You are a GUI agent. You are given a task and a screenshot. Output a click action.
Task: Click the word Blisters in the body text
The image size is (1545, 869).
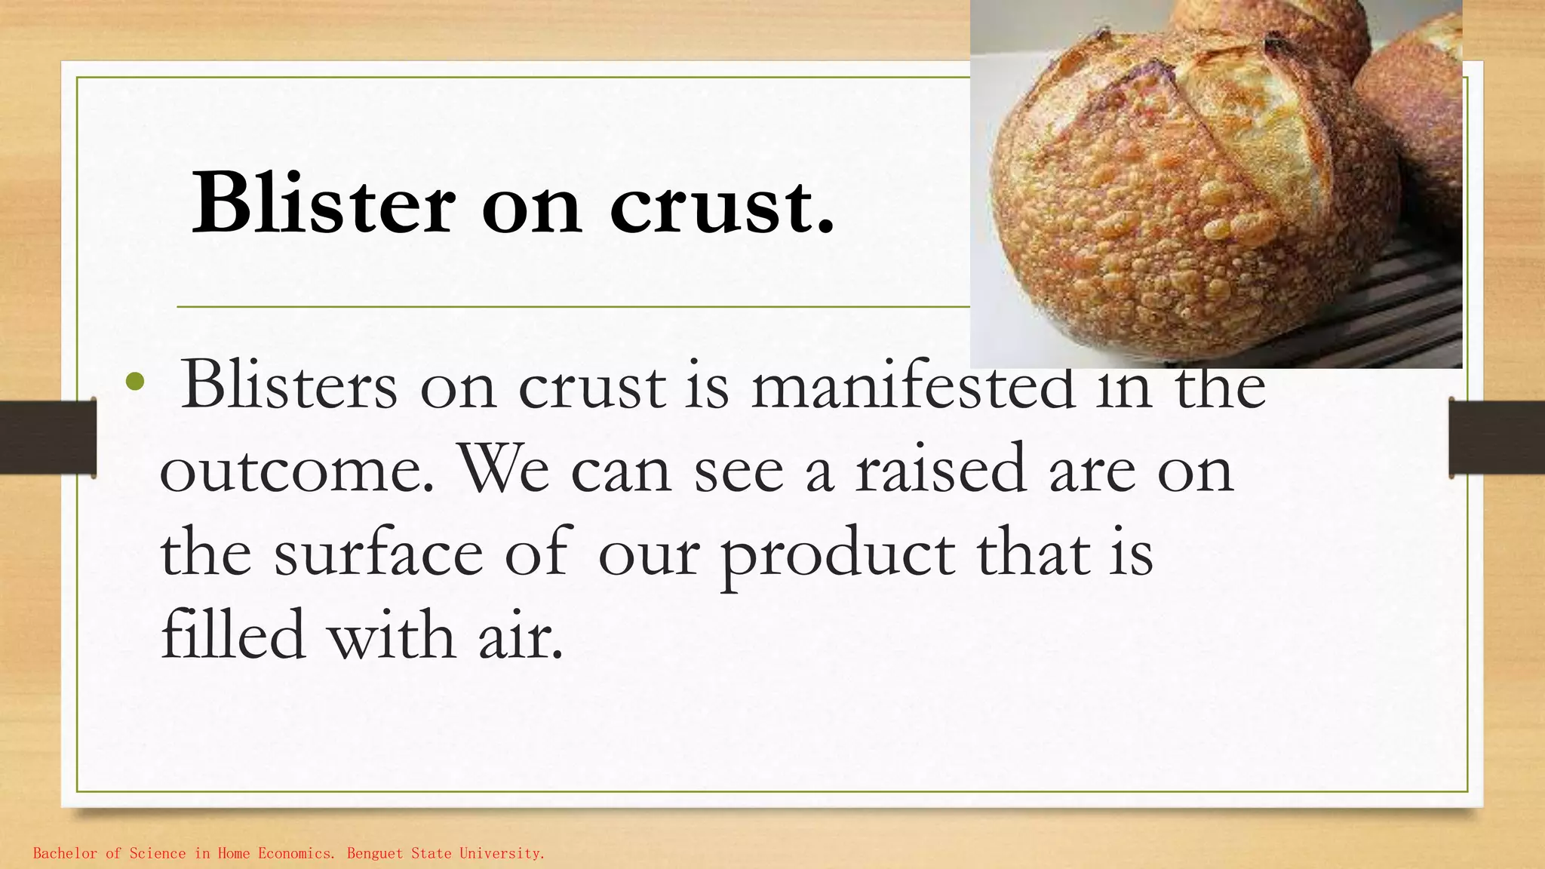point(289,385)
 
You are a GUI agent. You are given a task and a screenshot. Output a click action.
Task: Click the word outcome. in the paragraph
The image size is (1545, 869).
point(297,469)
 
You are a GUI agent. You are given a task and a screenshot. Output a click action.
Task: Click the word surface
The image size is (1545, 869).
point(378,552)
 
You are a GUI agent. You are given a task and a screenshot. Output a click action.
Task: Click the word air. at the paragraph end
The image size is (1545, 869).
point(521,635)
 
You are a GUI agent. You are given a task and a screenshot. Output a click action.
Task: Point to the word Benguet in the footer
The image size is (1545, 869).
point(375,853)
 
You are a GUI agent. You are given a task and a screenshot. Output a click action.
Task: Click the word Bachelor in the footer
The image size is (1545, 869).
point(66,853)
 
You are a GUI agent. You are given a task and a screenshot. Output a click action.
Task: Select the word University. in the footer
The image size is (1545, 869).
point(502,853)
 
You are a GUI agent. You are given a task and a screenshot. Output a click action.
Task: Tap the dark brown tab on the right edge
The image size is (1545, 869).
point(1497,438)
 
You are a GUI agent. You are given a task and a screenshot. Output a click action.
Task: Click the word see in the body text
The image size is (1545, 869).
point(739,469)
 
